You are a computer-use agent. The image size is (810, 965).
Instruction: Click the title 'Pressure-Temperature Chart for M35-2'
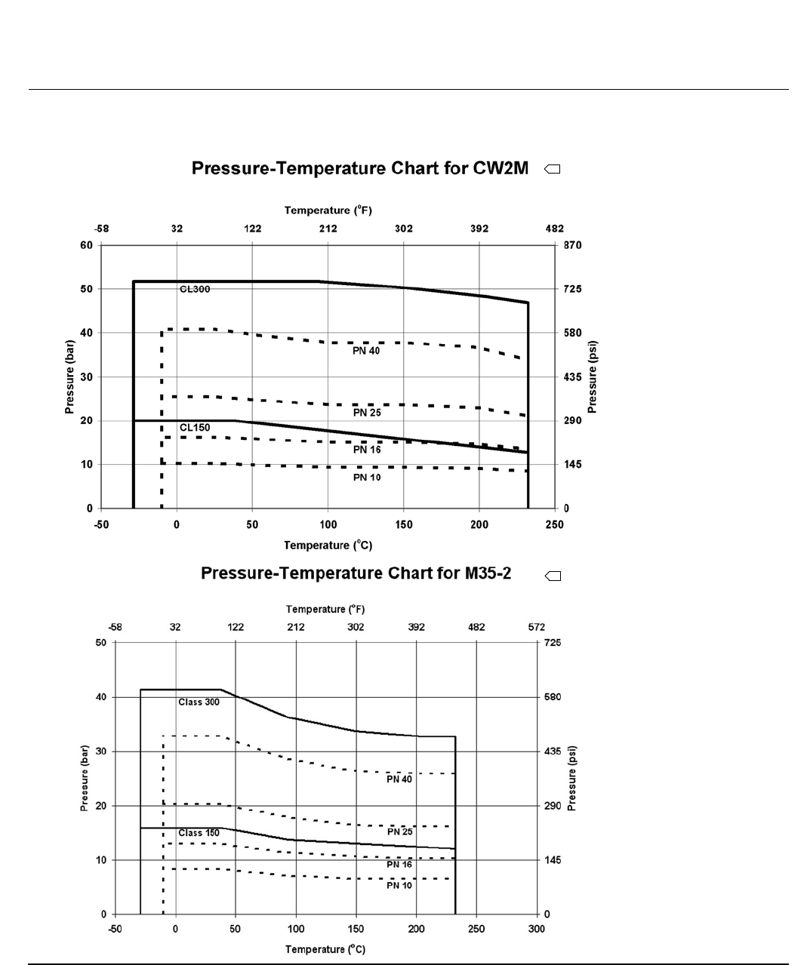[356, 573]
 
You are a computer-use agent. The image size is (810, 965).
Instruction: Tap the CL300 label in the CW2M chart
[195, 289]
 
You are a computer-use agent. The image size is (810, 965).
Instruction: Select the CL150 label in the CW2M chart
[195, 428]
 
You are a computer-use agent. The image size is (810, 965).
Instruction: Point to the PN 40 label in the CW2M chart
[367, 351]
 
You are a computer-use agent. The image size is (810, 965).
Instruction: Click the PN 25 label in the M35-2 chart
[399, 831]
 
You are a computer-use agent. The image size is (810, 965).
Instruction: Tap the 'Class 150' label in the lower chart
[199, 833]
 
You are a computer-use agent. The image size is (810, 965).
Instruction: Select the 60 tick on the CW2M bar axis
[87, 245]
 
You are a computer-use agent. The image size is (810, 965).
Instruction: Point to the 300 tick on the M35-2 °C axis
[536, 929]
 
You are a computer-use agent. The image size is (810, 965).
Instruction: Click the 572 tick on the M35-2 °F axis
[537, 627]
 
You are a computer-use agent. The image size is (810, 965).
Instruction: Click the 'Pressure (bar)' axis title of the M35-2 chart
[85, 778]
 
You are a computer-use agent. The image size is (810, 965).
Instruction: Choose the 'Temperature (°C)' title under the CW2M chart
[328, 545]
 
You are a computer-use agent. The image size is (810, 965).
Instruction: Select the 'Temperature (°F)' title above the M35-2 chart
[325, 609]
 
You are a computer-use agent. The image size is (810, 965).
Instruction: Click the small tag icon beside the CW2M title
[552, 170]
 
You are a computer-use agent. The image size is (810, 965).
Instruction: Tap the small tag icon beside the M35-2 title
[553, 576]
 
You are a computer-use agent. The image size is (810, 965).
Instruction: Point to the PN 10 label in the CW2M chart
[367, 478]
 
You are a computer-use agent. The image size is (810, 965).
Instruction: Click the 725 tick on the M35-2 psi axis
[553, 643]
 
